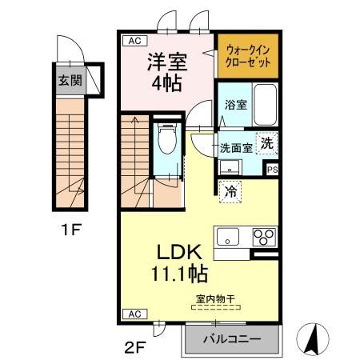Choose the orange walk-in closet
tap(247, 55)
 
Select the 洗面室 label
tap(237, 147)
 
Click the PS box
tap(272, 169)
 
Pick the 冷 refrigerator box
tap(230, 191)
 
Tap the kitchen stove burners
tap(264, 237)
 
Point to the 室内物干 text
tap(214, 300)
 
